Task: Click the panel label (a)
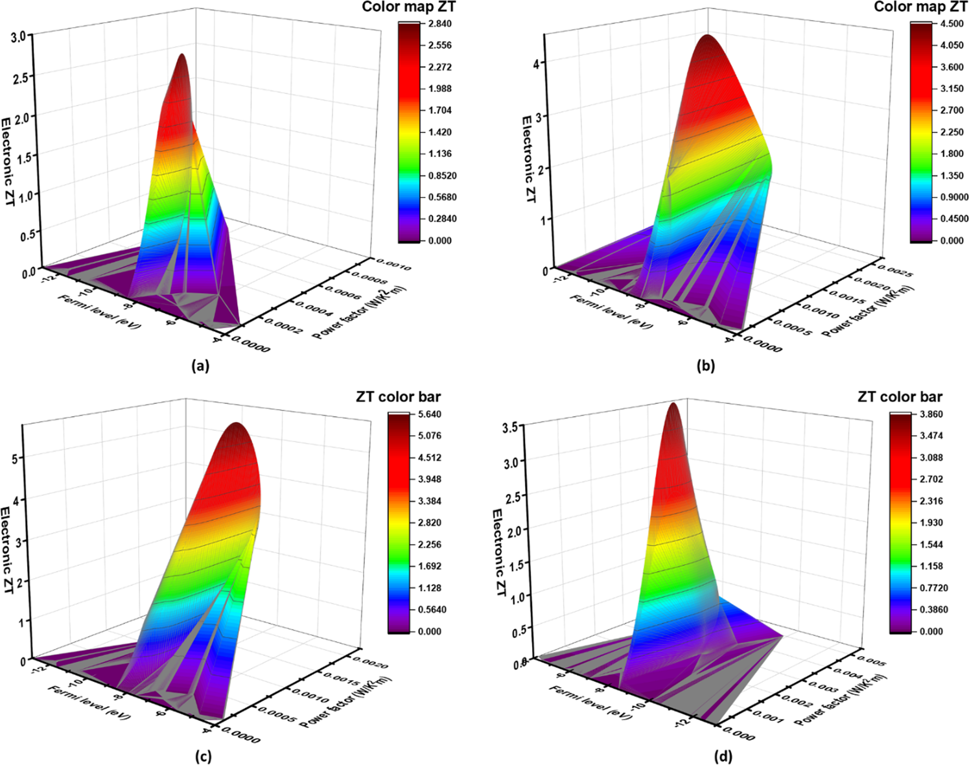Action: [200, 366]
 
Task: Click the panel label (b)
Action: [705, 366]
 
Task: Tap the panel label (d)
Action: [723, 756]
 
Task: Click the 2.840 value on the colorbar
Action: [440, 24]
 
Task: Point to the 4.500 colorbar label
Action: [951, 24]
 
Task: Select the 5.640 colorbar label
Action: [430, 414]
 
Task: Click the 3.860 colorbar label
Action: [931, 414]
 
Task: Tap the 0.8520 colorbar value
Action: [442, 176]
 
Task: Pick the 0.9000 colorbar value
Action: [954, 197]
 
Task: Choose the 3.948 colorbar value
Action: [430, 479]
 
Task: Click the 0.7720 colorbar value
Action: [933, 588]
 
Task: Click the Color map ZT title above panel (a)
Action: [408, 7]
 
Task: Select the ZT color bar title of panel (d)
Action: [900, 397]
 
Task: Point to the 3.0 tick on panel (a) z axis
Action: [19, 37]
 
